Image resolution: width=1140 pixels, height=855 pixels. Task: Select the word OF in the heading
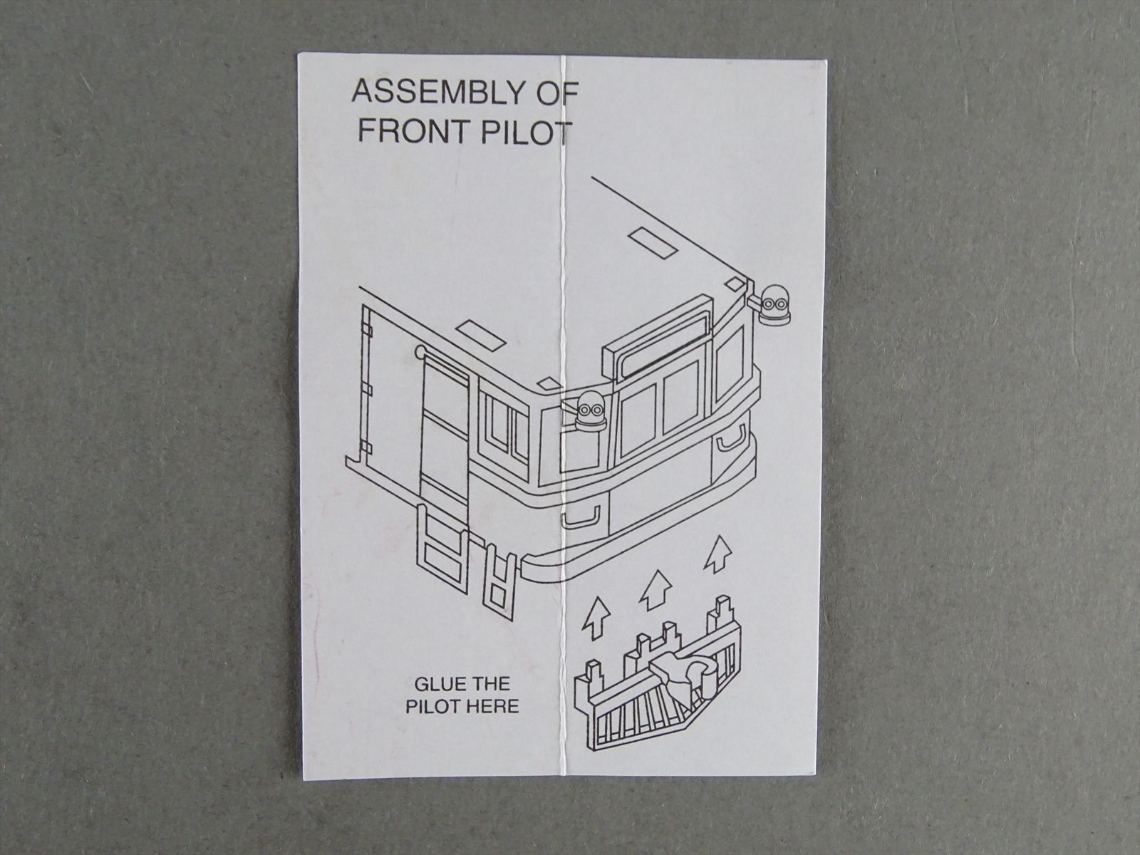pos(559,93)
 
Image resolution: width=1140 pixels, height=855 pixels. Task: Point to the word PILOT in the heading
pos(525,133)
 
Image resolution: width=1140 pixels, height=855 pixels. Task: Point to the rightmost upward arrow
pos(717,554)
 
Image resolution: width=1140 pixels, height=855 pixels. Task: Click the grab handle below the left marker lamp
pos(581,519)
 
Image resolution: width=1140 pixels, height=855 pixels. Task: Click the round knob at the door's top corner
pos(420,351)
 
